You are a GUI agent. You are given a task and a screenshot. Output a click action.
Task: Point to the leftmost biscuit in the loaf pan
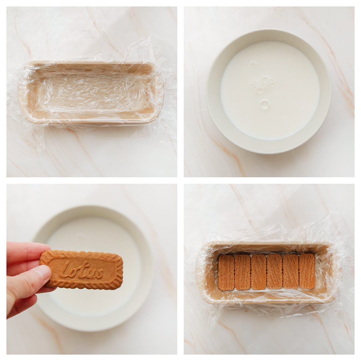[226, 272]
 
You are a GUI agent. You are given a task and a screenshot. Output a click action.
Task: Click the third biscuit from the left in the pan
[259, 272]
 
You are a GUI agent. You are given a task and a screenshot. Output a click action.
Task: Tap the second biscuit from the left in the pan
[242, 272]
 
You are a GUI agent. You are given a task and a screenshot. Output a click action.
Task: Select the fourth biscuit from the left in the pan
[274, 272]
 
